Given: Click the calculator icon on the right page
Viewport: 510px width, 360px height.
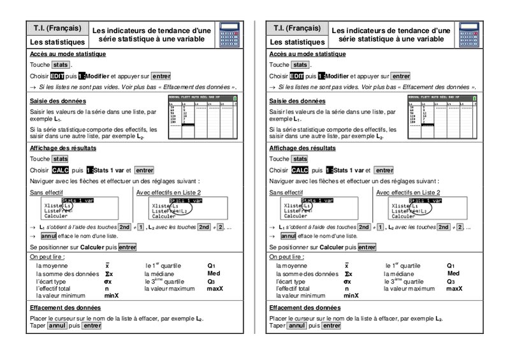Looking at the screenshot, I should [x=469, y=35].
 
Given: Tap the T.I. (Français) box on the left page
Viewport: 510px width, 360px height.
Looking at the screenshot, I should [x=57, y=29].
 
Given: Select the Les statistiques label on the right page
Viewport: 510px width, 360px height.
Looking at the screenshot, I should [x=296, y=42].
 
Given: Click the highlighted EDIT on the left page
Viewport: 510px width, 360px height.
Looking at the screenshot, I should [x=57, y=76].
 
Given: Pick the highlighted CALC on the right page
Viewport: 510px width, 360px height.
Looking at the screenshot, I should [x=299, y=170].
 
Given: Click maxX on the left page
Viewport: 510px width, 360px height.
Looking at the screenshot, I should [x=214, y=289].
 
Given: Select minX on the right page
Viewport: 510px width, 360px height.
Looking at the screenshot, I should [x=352, y=296].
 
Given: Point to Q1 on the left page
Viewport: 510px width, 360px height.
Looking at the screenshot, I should [x=212, y=266].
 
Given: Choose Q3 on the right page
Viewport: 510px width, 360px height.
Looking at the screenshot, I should [x=451, y=281].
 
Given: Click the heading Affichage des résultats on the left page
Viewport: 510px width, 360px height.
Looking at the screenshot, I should [x=63, y=148].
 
